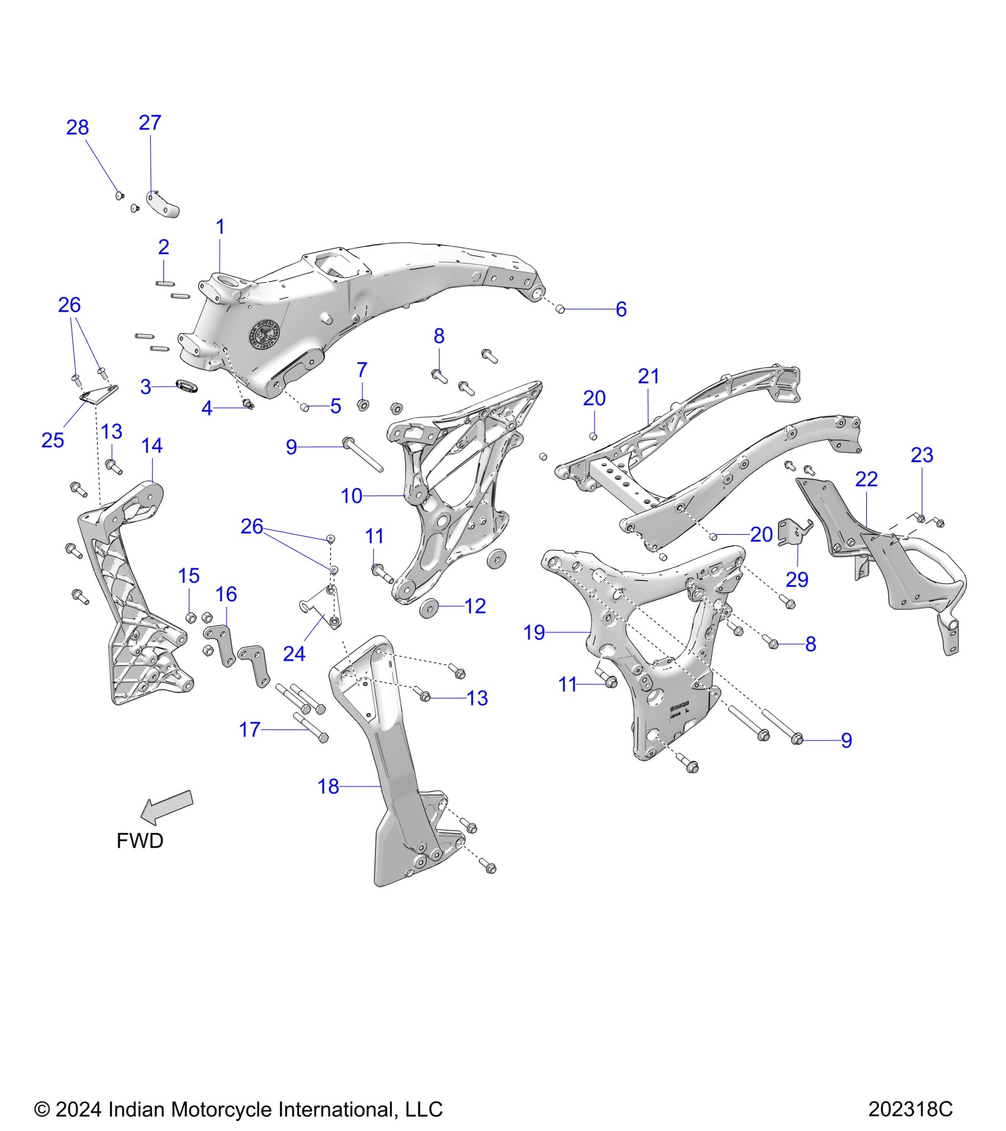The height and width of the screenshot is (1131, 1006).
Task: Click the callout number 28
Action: pos(78,128)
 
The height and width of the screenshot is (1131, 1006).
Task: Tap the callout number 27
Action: pos(150,123)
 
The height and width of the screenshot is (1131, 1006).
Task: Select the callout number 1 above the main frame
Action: pos(220,227)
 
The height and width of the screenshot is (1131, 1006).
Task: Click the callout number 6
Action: pos(621,309)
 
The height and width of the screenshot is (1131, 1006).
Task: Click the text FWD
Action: pos(140,841)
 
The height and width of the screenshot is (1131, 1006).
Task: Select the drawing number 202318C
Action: pos(910,1109)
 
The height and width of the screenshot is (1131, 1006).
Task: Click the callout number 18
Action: pos(328,786)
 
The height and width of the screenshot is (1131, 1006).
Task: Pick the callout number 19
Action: pos(534,632)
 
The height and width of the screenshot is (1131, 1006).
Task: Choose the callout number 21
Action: pos(649,376)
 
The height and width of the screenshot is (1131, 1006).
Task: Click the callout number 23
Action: pos(922,455)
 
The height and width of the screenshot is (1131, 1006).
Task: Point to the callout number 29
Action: pos(797,580)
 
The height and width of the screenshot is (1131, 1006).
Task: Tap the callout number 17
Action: pos(250,730)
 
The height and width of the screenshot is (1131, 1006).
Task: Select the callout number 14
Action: pos(152,445)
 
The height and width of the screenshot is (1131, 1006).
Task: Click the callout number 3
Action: pos(146,387)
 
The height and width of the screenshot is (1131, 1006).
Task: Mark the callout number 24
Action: pos(294,654)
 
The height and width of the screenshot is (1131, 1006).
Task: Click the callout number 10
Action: pos(352,496)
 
